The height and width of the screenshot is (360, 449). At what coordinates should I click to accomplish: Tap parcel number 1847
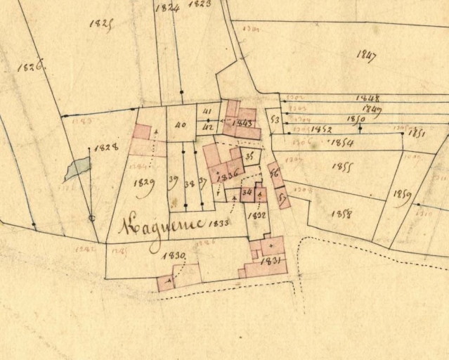click(x=366, y=56)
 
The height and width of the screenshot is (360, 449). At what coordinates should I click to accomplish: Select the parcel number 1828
click(x=105, y=148)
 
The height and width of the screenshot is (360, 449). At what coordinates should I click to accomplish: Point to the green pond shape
click(x=79, y=168)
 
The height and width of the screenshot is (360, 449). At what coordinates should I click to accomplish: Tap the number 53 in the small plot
click(x=275, y=120)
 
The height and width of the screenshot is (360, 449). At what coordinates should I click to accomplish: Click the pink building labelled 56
click(x=275, y=173)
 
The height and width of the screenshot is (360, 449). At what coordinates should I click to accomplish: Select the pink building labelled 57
click(x=282, y=198)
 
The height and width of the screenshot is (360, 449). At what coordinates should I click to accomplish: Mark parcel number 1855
click(x=341, y=167)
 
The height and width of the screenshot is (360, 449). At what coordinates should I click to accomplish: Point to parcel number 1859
click(x=402, y=194)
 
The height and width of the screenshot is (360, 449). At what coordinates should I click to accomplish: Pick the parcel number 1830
click(x=173, y=255)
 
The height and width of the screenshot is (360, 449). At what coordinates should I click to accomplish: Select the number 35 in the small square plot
click(x=248, y=156)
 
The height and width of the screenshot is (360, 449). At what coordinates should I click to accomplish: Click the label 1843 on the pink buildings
click(x=241, y=123)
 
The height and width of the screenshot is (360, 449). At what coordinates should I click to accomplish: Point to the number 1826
click(x=31, y=67)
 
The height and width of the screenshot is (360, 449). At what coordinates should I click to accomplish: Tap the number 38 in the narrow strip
click(x=188, y=184)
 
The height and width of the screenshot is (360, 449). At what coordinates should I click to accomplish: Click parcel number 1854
click(x=341, y=143)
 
